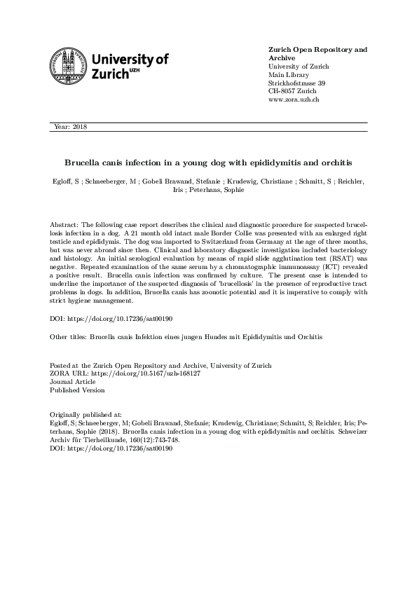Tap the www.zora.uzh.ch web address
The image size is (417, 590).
[x=294, y=100]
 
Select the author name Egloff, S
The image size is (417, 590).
[x=66, y=181]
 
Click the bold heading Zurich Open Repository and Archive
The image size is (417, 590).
[x=317, y=54]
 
